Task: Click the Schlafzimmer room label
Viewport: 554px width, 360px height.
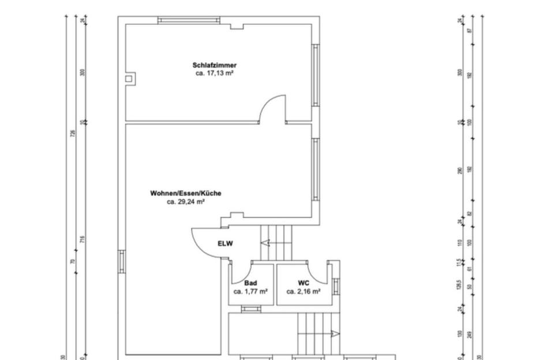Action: click(x=214, y=66)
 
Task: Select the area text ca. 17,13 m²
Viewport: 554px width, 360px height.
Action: click(x=214, y=74)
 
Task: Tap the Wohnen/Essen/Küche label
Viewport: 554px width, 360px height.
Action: click(x=185, y=194)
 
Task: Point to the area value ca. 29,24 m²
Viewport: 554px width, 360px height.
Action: click(x=186, y=202)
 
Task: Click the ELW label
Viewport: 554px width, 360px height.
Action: click(x=225, y=243)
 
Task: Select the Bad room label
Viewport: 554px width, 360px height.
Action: click(x=250, y=283)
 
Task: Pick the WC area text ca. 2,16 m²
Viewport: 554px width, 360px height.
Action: click(x=304, y=292)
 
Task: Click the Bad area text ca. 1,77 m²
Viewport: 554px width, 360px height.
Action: click(x=250, y=292)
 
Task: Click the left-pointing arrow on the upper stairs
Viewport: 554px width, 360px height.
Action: click(x=266, y=243)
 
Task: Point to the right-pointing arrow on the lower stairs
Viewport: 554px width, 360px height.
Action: click(x=335, y=333)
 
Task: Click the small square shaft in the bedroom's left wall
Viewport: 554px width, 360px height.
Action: click(x=130, y=78)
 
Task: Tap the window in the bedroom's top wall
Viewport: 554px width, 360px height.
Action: click(x=189, y=20)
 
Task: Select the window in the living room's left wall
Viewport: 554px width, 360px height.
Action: click(x=122, y=261)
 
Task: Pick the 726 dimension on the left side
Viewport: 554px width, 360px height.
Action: click(x=73, y=133)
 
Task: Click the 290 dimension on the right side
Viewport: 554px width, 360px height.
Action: click(x=460, y=171)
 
